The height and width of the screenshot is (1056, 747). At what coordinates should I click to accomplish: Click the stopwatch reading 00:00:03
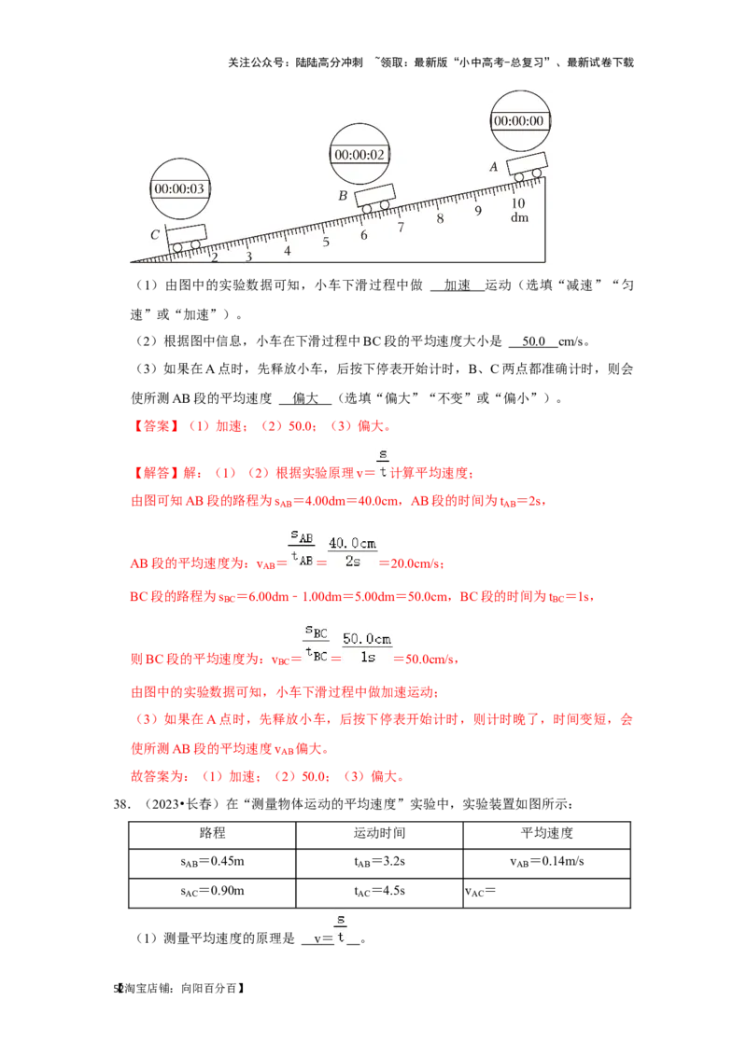pyautogui.click(x=180, y=188)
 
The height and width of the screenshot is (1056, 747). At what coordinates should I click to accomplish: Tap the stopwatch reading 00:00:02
pyautogui.click(x=360, y=154)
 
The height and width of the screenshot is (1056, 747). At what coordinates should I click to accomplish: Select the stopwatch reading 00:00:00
pyautogui.click(x=520, y=120)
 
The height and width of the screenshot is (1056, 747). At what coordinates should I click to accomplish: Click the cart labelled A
pyautogui.click(x=527, y=166)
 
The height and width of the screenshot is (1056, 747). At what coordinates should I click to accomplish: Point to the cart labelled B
pyautogui.click(x=374, y=199)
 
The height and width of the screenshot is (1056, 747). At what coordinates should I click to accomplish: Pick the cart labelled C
pyautogui.click(x=186, y=238)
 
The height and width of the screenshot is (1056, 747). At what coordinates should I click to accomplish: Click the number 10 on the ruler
pyautogui.click(x=518, y=202)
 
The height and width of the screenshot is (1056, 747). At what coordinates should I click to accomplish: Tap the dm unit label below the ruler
pyautogui.click(x=519, y=217)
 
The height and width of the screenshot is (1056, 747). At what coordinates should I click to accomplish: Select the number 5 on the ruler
pyautogui.click(x=326, y=242)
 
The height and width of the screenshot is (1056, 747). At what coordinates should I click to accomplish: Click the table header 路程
pyautogui.click(x=212, y=833)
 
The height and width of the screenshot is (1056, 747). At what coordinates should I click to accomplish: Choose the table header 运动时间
pyautogui.click(x=379, y=833)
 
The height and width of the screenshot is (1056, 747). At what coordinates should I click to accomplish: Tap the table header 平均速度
pyautogui.click(x=547, y=833)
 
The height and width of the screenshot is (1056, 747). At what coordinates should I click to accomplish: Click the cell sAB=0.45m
pyautogui.click(x=212, y=862)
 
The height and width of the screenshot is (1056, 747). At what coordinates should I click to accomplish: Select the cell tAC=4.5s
pyautogui.click(x=379, y=892)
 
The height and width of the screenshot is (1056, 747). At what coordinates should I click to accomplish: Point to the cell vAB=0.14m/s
pyautogui.click(x=547, y=862)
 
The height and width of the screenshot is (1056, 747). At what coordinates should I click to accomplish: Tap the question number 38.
pyautogui.click(x=121, y=804)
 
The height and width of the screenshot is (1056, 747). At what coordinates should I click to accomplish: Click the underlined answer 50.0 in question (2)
pyautogui.click(x=533, y=341)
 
